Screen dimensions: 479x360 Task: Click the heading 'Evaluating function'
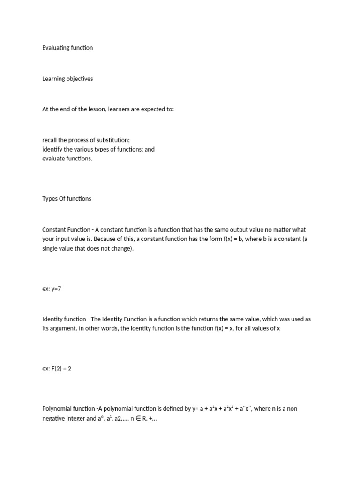tap(67, 48)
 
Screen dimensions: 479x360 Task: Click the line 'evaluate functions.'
tap(67, 159)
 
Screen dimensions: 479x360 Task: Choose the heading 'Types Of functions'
tap(67, 198)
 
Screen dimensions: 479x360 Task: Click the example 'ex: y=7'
tap(52, 289)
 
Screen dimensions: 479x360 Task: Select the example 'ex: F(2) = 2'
tap(56, 369)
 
